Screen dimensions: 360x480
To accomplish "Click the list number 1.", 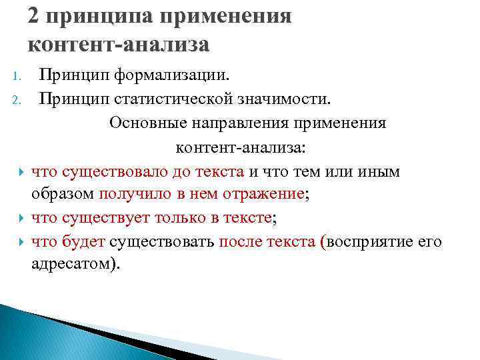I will [17, 79].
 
